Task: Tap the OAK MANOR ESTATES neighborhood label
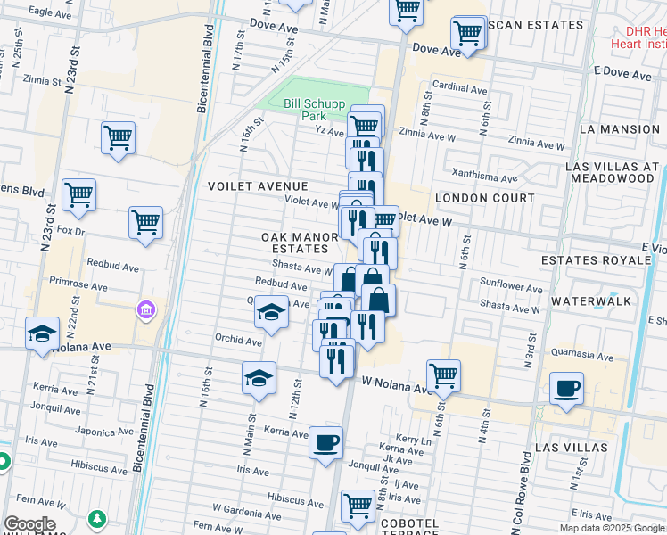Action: [300, 243]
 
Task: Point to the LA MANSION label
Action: [619, 129]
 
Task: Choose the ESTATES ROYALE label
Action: [596, 260]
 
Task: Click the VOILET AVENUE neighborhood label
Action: [258, 186]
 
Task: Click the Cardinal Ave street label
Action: [460, 89]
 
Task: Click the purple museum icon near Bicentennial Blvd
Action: [145, 309]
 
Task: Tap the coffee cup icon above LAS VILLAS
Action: [566, 389]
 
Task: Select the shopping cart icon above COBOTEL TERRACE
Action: [358, 505]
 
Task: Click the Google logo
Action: [29, 524]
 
